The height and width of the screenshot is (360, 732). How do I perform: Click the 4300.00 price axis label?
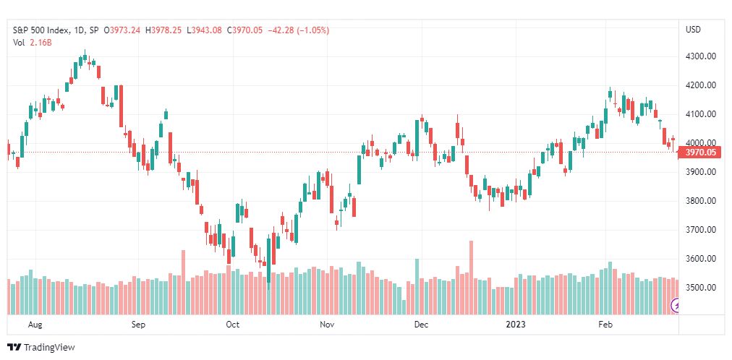tap(701, 56)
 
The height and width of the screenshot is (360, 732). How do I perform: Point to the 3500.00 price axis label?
tap(701, 287)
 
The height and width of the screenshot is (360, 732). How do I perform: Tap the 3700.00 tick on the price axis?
tap(701, 229)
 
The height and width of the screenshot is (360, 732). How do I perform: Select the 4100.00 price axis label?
tap(701, 113)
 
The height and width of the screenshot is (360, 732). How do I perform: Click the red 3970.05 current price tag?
tap(700, 152)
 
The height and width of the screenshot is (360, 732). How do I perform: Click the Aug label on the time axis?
tap(35, 325)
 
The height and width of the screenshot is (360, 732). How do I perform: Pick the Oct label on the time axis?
tap(232, 325)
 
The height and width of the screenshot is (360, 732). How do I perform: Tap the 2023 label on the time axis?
tap(516, 325)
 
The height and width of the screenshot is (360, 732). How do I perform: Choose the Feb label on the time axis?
tap(605, 325)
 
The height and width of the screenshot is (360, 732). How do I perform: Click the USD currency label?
tap(693, 30)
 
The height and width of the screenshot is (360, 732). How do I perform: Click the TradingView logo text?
tap(49, 348)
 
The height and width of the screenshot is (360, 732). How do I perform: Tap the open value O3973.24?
tap(122, 30)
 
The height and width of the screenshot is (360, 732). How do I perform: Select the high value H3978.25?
tap(164, 30)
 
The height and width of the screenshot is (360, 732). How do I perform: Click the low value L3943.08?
tap(204, 30)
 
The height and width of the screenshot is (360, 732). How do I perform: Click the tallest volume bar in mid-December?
tap(471, 278)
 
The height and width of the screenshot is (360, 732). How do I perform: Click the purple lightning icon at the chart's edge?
tap(675, 306)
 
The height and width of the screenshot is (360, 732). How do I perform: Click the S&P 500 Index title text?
tap(41, 30)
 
